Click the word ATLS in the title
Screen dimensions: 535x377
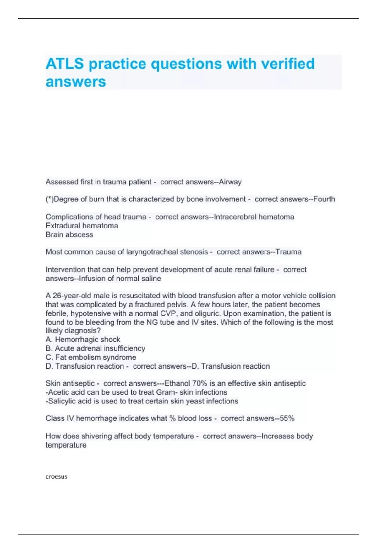[x=65, y=64]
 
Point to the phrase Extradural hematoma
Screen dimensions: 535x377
[x=82, y=226]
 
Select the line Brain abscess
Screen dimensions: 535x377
[x=69, y=234]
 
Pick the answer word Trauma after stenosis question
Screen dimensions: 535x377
[x=288, y=252]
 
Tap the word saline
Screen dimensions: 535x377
[x=151, y=279]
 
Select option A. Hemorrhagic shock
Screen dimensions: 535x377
[x=83, y=340]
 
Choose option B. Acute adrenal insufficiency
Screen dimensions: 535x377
[x=96, y=348]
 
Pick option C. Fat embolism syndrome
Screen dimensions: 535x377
[x=91, y=357]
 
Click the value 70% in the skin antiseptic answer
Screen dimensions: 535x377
[x=200, y=383]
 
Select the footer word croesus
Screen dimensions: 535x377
[x=57, y=476]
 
